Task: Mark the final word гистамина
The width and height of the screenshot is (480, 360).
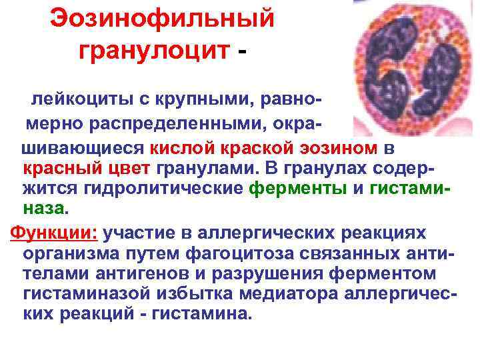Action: pyautogui.click(x=209, y=313)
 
